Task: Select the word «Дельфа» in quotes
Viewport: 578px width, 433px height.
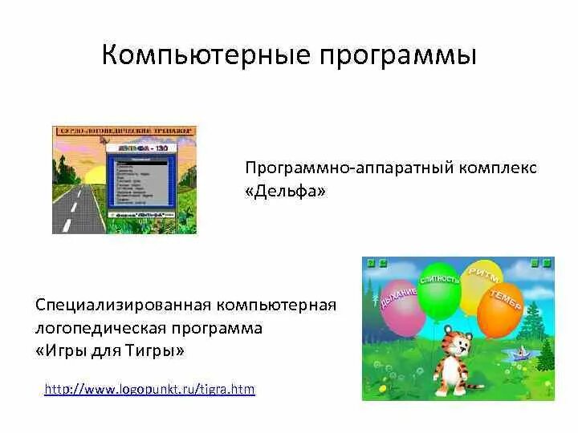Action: point(286,192)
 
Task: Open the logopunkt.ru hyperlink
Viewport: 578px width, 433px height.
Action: point(149,390)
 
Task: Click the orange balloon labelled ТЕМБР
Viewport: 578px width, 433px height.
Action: point(502,308)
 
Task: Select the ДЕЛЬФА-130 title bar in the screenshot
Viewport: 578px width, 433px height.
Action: point(140,150)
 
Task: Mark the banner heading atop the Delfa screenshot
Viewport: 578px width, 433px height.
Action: point(124,131)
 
